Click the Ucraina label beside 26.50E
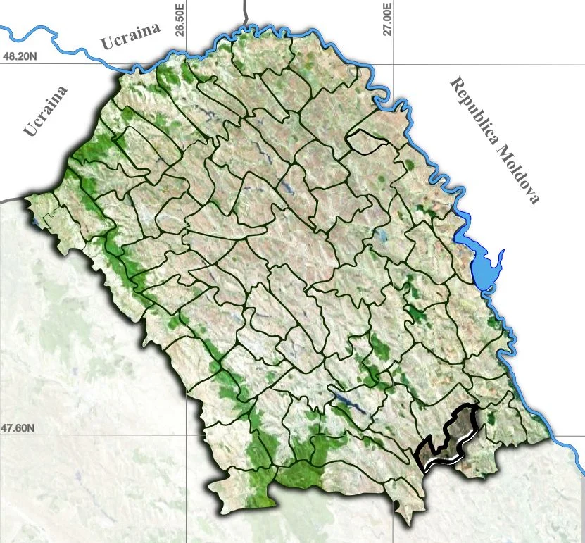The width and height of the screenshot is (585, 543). pyautogui.click(x=131, y=36)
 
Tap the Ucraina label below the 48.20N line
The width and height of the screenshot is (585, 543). pyautogui.click(x=46, y=111)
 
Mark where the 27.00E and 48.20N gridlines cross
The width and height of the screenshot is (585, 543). pyautogui.click(x=392, y=65)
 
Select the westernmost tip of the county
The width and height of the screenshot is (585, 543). pyautogui.click(x=26, y=199)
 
